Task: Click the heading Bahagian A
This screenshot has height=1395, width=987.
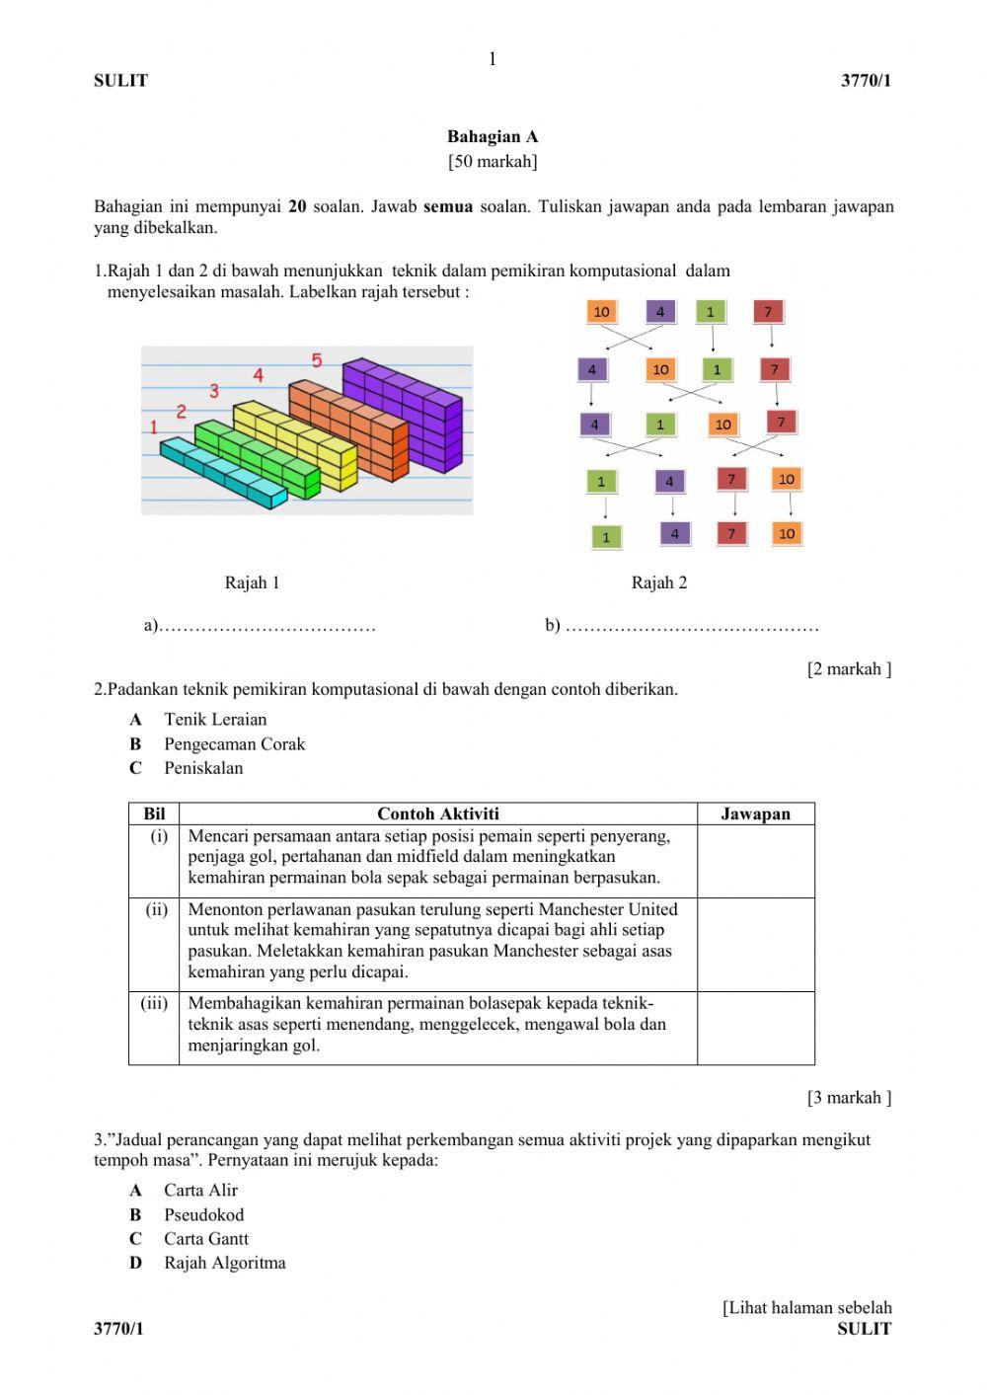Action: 493,137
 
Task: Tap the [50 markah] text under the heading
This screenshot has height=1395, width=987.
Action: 493,161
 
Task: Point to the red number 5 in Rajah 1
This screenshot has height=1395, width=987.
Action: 317,361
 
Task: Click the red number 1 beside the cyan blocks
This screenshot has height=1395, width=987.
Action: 154,426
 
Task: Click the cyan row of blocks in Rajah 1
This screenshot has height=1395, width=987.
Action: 223,474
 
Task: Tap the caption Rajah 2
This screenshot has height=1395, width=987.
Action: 659,582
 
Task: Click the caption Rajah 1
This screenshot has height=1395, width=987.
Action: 252,582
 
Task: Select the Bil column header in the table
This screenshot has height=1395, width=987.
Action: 154,814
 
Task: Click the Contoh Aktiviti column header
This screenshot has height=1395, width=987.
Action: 438,814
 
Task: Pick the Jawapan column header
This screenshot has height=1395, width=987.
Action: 755,814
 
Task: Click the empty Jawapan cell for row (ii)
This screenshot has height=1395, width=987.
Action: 755,944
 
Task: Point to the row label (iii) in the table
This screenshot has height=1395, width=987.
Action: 154,1003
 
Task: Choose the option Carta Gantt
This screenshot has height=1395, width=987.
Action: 206,1239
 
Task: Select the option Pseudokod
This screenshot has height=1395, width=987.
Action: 203,1215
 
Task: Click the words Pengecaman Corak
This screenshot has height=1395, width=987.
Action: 235,744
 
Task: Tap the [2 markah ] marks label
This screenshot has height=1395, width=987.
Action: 849,669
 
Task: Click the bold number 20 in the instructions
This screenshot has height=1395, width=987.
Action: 297,207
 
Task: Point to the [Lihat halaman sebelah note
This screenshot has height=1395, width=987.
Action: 807,1308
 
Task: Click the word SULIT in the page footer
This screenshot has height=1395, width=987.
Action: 864,1329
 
